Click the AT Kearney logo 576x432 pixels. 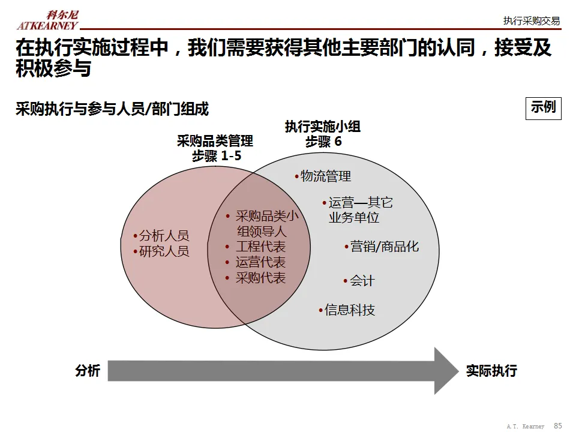[x=47, y=20]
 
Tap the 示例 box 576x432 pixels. [x=543, y=108]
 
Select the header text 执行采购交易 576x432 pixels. [x=531, y=21]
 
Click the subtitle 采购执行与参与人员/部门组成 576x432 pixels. [x=112, y=109]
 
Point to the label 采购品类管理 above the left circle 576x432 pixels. [x=215, y=142]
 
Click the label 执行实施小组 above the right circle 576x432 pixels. [x=323, y=127]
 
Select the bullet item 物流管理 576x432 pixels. [x=325, y=176]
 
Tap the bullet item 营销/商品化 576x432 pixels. [x=384, y=247]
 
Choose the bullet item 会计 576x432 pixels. [x=362, y=281]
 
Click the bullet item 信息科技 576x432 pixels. [x=349, y=310]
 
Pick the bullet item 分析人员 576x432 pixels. [x=164, y=236]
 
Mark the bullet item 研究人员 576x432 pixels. [x=164, y=251]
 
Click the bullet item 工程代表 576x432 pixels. [x=260, y=247]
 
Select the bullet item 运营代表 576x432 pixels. [x=260, y=262]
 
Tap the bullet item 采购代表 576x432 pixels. [x=260, y=278]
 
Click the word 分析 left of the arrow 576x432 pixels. [x=88, y=371]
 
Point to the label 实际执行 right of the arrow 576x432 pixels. [x=491, y=371]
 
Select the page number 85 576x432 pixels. [x=558, y=425]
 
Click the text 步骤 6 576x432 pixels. [x=323, y=142]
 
